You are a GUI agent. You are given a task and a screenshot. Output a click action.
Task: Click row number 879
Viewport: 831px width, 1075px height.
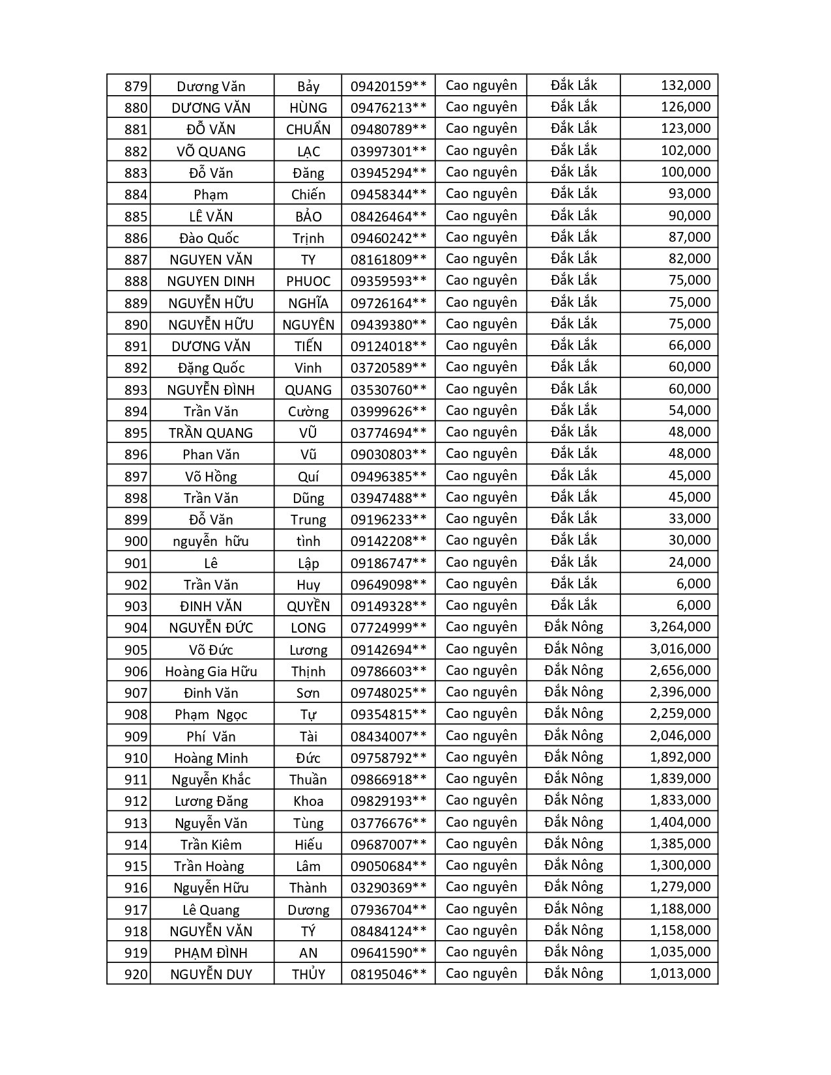[136, 86]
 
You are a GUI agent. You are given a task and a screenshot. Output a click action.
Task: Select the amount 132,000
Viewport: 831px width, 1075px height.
[685, 85]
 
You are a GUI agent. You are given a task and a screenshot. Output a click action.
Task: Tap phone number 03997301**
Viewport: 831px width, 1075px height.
[388, 151]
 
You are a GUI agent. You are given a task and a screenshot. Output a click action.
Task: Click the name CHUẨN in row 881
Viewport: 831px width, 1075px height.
[308, 129]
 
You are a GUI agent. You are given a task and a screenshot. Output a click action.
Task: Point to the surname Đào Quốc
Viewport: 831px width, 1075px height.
[210, 238]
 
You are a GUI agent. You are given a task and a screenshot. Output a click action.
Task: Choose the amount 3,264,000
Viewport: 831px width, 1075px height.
[680, 627]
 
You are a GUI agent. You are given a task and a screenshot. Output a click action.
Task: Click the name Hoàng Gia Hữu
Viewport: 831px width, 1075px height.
[211, 671]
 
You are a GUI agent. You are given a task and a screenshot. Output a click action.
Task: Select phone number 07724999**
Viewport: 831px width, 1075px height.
[388, 627]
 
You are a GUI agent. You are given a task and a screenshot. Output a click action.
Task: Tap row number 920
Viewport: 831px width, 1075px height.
[136, 975]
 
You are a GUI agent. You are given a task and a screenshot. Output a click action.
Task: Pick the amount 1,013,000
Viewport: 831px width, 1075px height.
[680, 973]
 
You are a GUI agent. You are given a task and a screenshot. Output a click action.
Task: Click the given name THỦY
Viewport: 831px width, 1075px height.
[308, 975]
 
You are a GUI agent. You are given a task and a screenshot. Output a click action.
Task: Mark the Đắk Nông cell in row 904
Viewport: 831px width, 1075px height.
[574, 627]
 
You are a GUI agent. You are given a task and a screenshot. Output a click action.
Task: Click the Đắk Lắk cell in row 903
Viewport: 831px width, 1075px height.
[574, 605]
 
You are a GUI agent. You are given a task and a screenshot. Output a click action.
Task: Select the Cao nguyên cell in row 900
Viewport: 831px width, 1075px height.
[481, 540]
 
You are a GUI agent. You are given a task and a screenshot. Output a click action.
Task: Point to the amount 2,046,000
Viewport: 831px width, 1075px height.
[680, 736]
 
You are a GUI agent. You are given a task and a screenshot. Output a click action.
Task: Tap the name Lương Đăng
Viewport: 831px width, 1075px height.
[211, 801]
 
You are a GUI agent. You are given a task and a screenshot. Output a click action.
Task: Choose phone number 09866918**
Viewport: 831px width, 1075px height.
[388, 779]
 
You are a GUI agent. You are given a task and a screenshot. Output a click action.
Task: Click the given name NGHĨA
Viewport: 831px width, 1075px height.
[308, 303]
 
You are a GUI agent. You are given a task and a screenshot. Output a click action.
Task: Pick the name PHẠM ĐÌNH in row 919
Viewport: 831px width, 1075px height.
[211, 953]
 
